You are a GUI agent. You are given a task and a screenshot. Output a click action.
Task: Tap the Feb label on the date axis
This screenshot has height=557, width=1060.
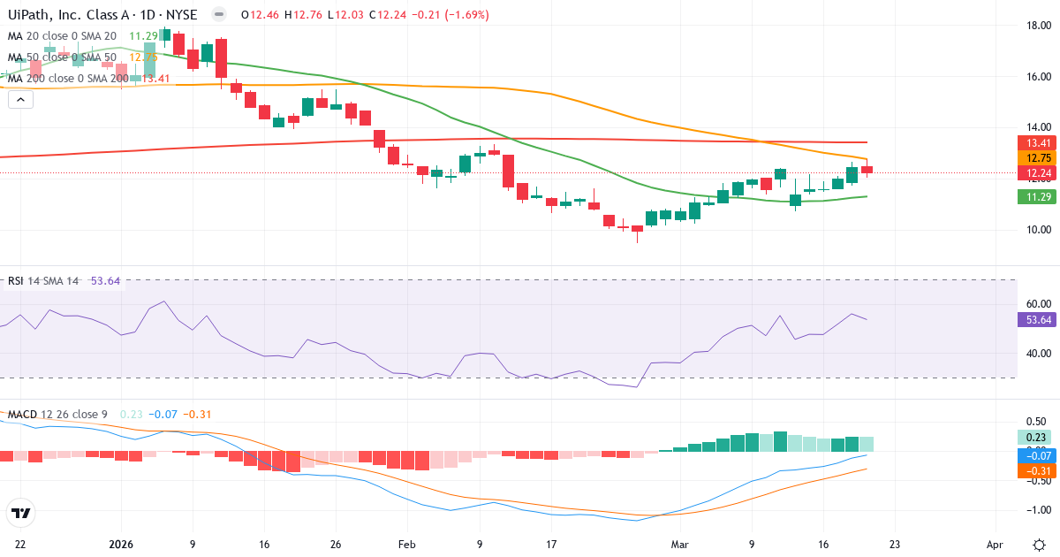click(406, 544)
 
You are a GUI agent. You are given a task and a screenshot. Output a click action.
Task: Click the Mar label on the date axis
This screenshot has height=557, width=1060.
click(679, 544)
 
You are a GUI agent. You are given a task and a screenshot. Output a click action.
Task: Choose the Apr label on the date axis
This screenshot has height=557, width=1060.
click(996, 544)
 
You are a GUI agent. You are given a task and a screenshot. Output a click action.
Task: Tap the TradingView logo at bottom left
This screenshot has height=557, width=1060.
click(20, 513)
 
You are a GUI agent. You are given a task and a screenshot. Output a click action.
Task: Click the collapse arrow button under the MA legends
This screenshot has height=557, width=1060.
click(20, 100)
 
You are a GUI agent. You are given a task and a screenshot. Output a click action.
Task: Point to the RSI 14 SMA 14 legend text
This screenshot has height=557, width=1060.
click(43, 281)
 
